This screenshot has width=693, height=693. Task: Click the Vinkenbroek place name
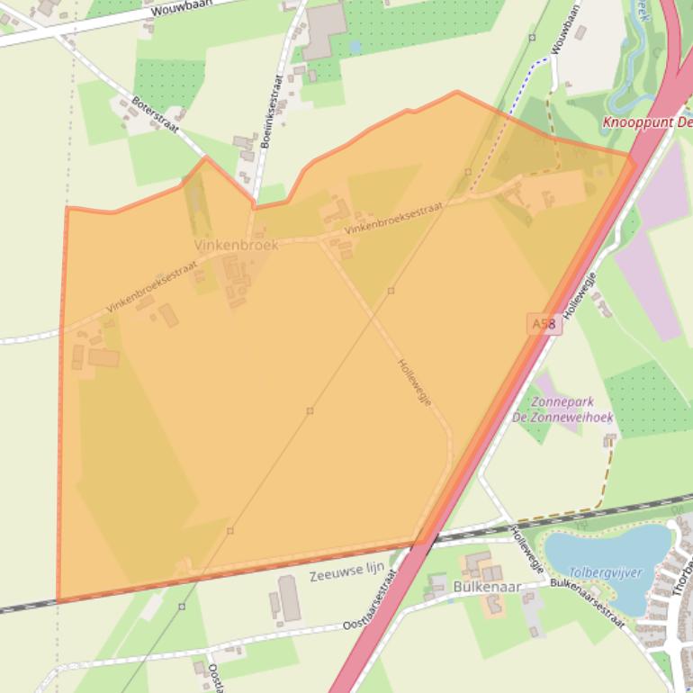click(x=236, y=245)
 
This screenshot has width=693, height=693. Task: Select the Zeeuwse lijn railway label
click(x=346, y=571)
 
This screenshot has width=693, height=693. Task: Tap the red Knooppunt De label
click(x=646, y=121)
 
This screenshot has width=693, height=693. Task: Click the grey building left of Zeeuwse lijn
click(x=289, y=598)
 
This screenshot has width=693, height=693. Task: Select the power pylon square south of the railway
click(x=182, y=607)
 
